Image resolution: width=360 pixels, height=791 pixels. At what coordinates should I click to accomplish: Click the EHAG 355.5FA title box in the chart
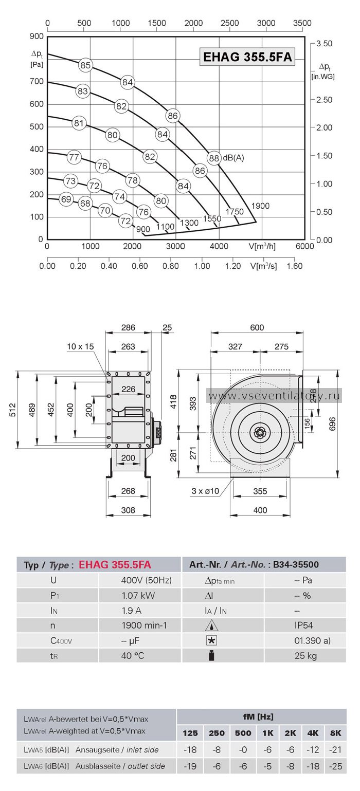click(x=247, y=57)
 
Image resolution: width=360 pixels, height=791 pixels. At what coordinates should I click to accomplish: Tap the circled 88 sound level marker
click(x=214, y=158)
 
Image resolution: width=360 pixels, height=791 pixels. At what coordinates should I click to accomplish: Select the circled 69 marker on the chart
click(x=66, y=199)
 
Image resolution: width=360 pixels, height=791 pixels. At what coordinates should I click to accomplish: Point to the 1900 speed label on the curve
click(x=260, y=206)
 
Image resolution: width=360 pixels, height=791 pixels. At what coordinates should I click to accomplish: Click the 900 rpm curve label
click(x=143, y=229)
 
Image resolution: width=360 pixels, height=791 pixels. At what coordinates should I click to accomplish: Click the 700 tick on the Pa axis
click(x=37, y=81)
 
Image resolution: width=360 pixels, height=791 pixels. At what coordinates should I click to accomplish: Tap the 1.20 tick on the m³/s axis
click(x=233, y=266)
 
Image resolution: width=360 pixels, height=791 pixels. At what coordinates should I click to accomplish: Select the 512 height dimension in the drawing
click(x=12, y=410)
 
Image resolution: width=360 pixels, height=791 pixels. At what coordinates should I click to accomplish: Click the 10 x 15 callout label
click(x=81, y=346)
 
